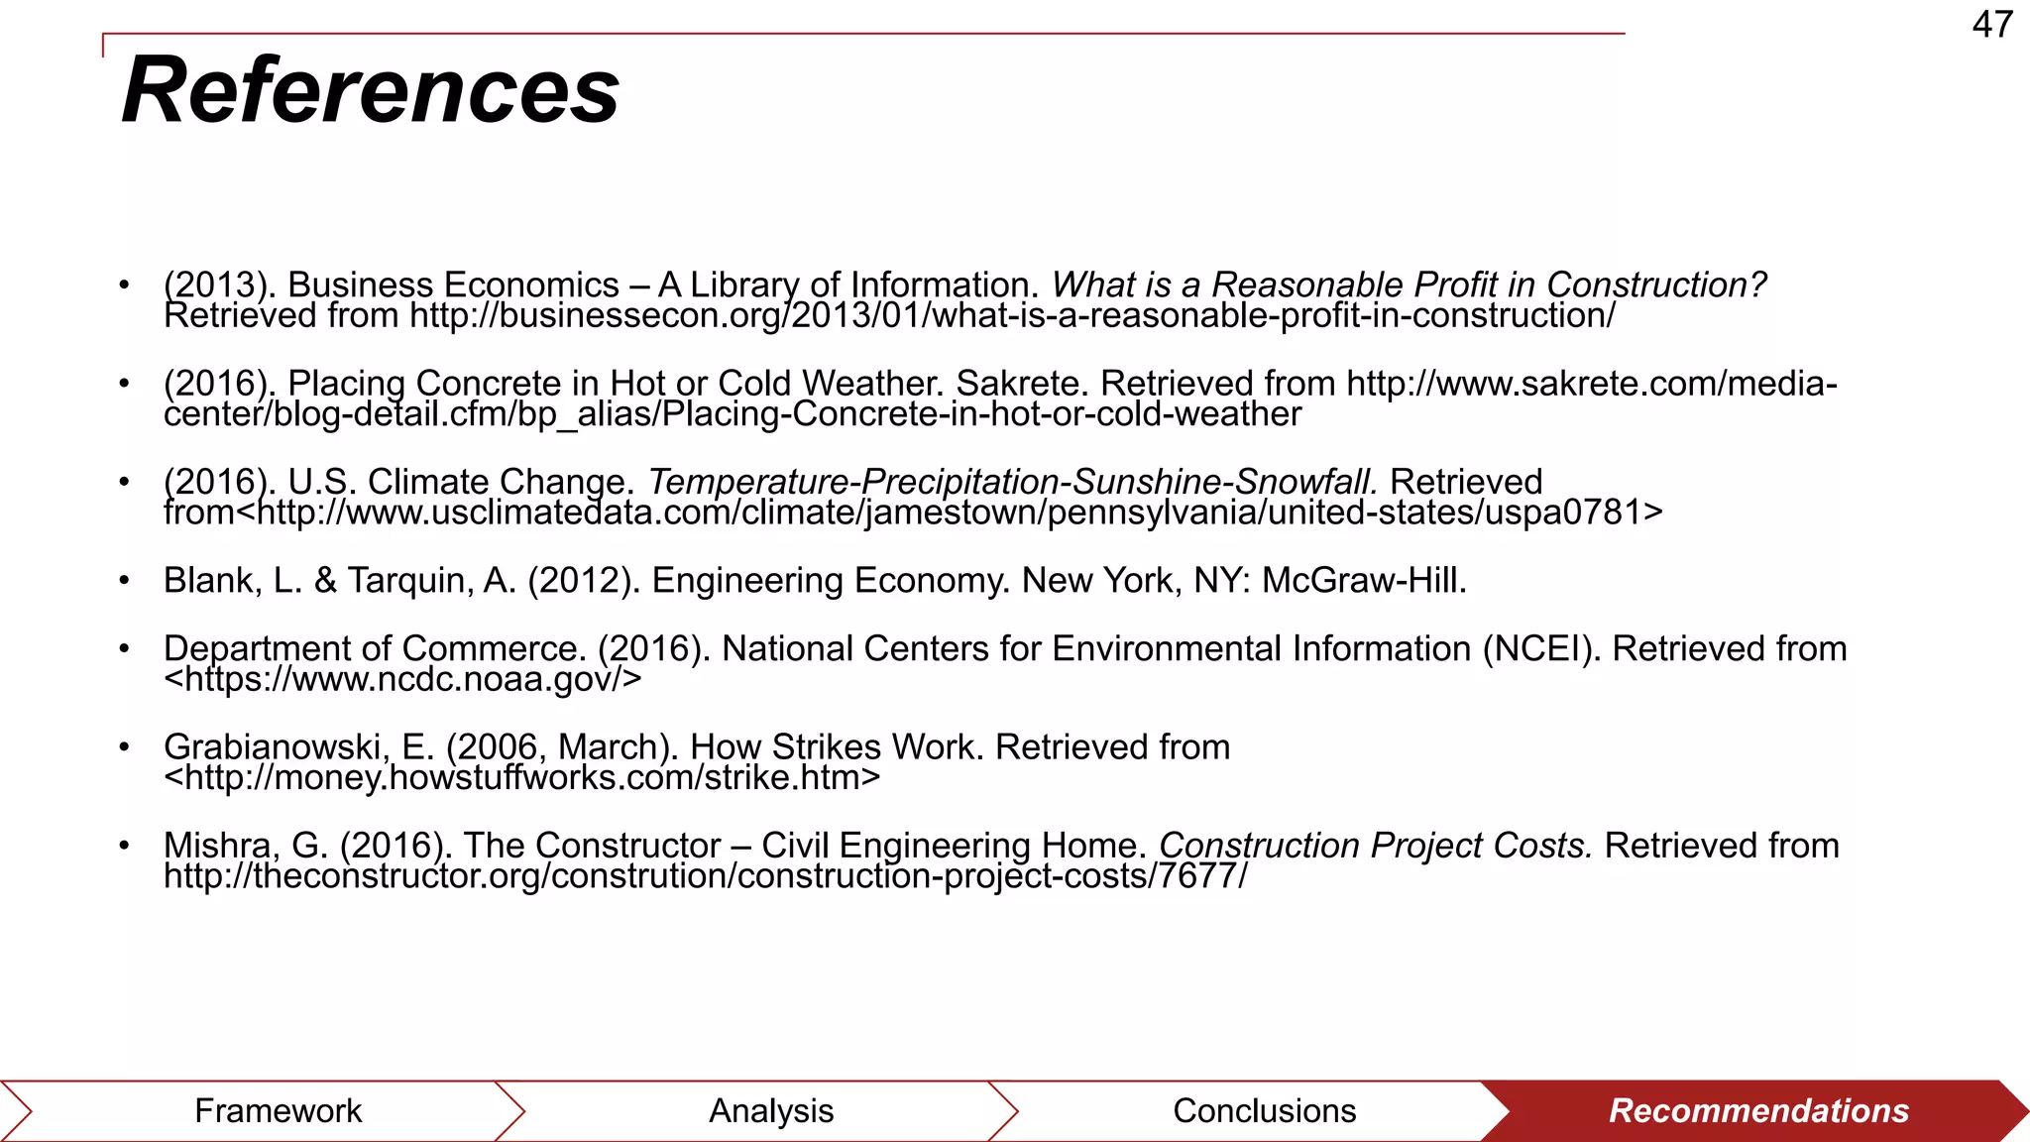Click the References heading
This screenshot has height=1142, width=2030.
(371, 90)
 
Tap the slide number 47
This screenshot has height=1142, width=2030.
(1992, 25)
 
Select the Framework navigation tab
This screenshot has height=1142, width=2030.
(278, 1110)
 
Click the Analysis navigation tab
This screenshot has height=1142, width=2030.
(771, 1110)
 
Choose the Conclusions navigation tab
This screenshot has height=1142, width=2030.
(1264, 1110)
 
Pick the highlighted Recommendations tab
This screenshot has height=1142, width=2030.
(1758, 1110)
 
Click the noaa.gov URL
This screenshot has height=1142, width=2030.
(403, 680)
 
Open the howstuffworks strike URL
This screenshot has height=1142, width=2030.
(522, 778)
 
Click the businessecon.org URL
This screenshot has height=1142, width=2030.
(1012, 316)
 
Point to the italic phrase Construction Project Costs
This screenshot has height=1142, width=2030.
(1376, 846)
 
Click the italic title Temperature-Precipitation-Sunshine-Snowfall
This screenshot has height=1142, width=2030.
(1012, 483)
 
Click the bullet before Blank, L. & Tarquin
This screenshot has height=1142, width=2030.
(124, 581)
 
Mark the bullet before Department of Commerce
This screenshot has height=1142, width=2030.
(124, 649)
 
